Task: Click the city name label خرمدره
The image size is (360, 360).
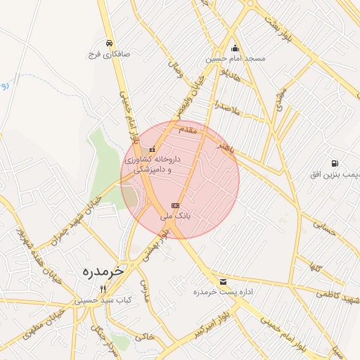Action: click(x=102, y=271)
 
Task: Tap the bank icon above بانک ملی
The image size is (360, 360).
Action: click(x=175, y=205)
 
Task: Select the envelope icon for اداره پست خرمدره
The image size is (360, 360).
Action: click(x=223, y=281)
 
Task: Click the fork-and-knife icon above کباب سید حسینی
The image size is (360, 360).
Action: click(x=103, y=289)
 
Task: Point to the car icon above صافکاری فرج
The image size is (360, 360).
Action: click(x=108, y=43)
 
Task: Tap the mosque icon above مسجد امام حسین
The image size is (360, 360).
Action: click(x=235, y=48)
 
